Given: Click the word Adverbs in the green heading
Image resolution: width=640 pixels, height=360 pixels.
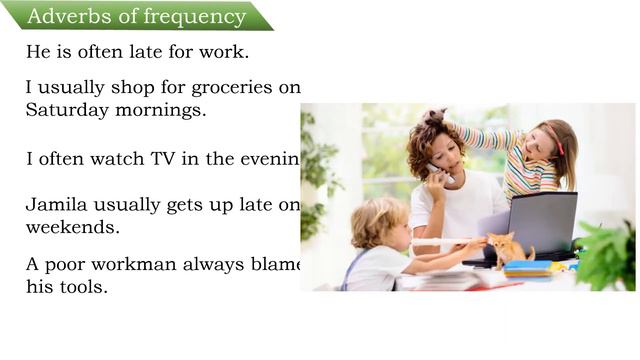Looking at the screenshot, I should click(63, 16).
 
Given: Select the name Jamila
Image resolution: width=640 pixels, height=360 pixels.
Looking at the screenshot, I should click(54, 205).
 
